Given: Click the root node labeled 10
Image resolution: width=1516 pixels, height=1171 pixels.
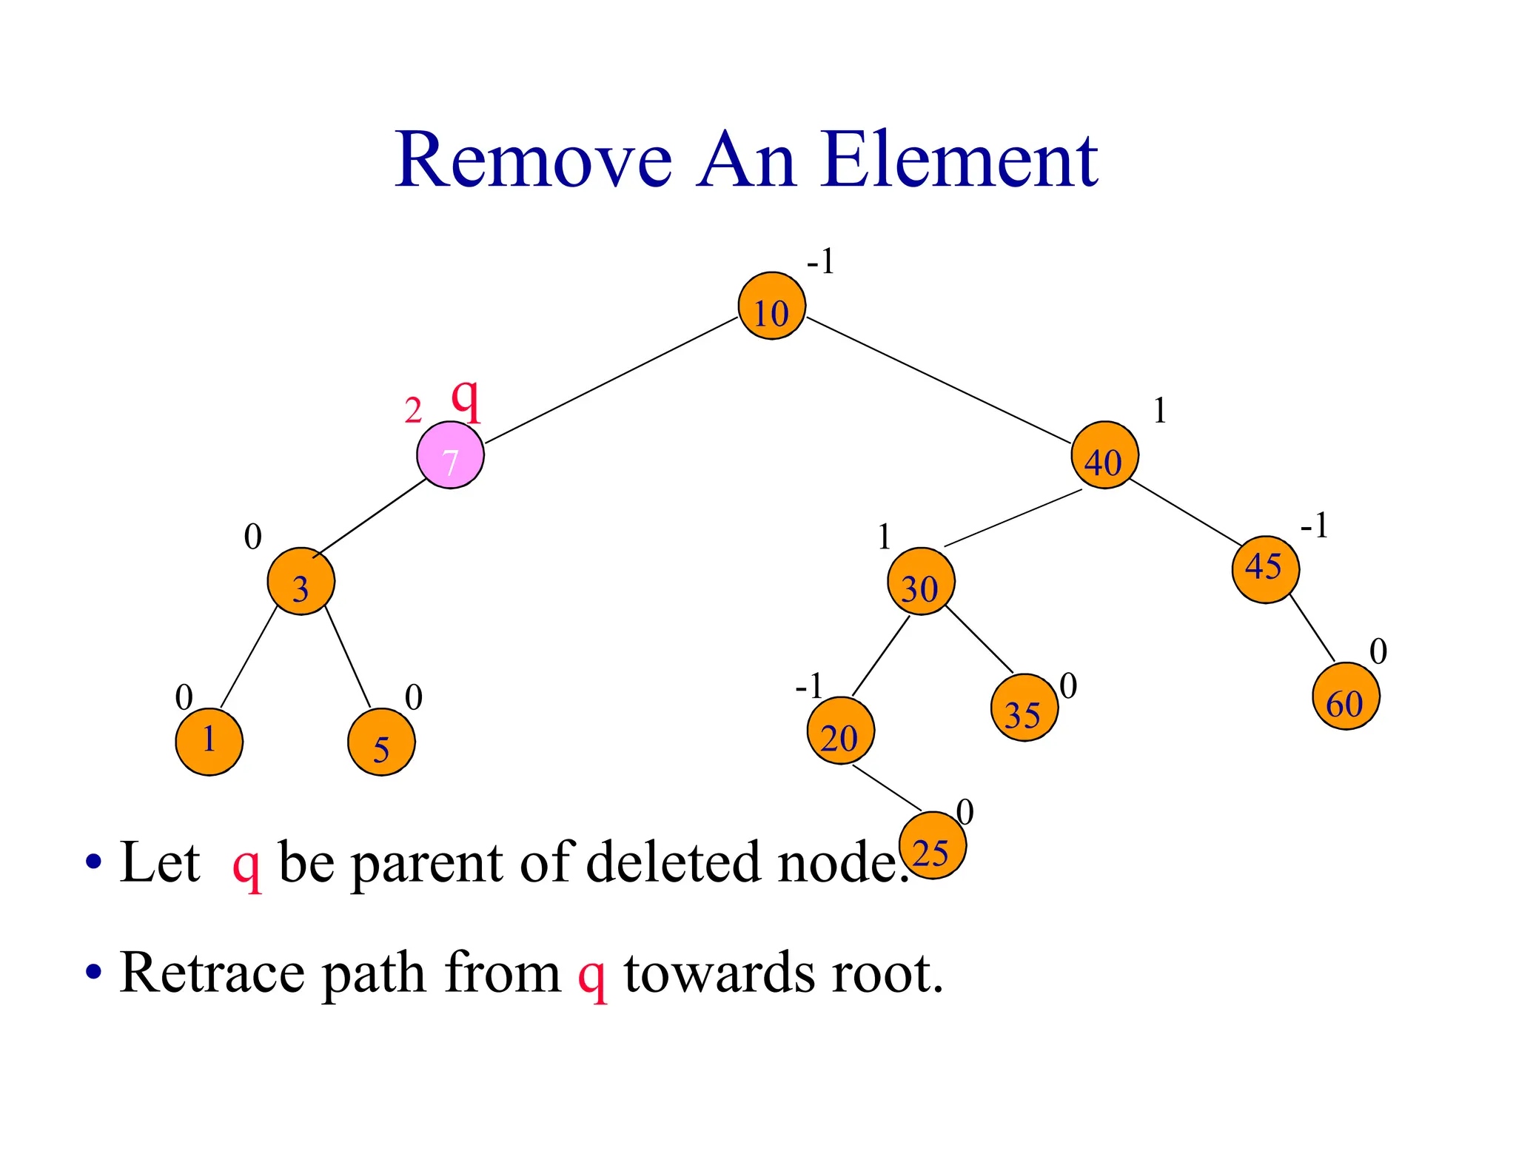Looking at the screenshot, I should coord(771,306).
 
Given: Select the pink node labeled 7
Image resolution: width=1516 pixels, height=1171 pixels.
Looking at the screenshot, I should coord(450,454).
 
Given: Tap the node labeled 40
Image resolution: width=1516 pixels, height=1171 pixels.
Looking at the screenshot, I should coord(1104,454).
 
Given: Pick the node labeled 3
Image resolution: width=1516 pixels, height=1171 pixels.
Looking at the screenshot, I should coord(301,581).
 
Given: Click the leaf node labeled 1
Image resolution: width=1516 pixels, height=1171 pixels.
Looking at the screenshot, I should coord(209,741).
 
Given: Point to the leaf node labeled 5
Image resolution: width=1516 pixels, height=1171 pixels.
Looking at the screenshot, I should coord(381,742).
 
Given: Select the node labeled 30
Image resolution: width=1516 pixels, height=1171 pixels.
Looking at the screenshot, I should coord(921,581).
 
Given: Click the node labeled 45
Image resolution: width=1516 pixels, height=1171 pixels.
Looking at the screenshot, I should coord(1265,569).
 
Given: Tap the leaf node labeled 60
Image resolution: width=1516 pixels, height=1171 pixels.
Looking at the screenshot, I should coord(1345,696).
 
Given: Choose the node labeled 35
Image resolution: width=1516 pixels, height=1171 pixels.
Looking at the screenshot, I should coord(1024,708).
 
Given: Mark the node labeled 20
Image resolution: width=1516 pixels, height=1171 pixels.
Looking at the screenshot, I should coord(840,731).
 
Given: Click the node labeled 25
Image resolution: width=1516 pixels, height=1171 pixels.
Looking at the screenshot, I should coord(932,845).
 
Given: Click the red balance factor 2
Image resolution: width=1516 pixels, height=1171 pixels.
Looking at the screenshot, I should coord(413,411).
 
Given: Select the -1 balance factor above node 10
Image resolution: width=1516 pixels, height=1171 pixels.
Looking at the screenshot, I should coord(820,261).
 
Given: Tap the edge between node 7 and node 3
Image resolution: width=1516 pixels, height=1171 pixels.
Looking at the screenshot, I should coord(370,518).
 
